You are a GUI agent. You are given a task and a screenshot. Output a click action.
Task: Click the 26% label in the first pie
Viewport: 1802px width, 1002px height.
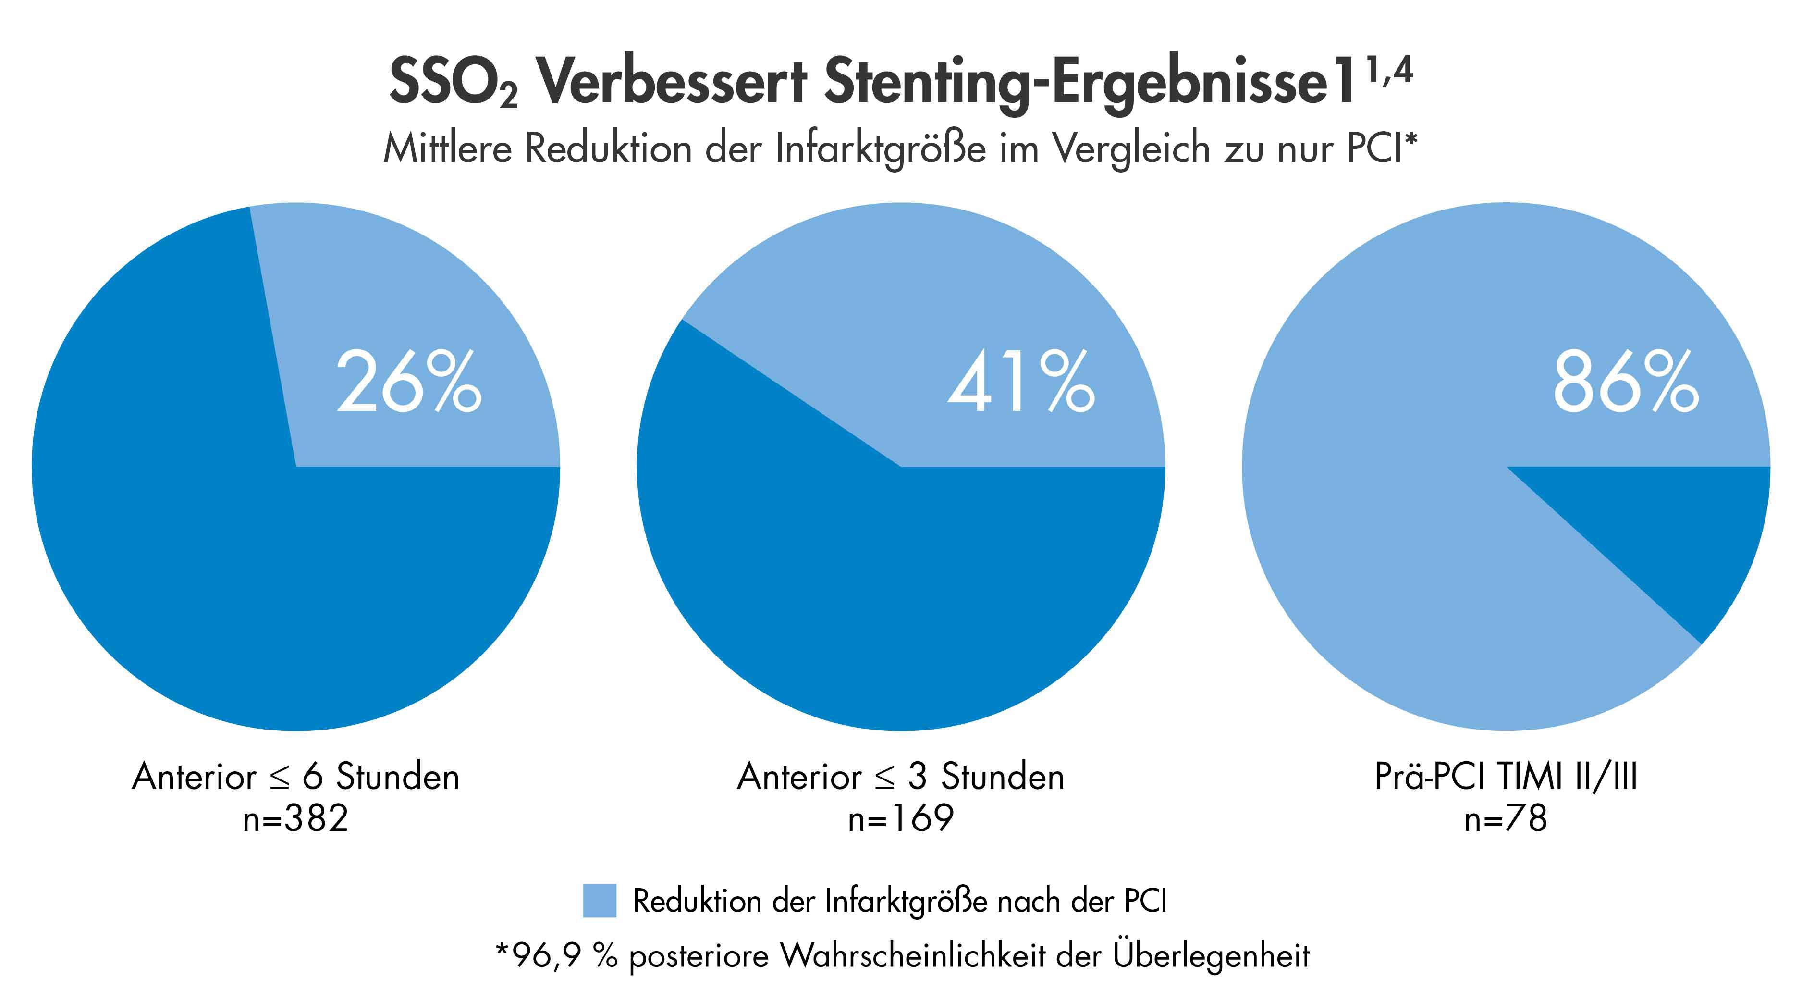[x=409, y=383]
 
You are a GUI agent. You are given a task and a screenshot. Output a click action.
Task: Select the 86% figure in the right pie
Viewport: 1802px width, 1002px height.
[x=1626, y=383]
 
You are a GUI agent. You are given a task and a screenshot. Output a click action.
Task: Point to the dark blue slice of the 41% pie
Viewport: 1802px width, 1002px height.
[x=874, y=595]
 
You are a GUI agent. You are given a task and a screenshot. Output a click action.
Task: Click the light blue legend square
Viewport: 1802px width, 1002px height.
[x=600, y=901]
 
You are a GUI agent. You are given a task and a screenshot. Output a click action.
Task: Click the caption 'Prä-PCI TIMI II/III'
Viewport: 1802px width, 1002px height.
[x=1506, y=777]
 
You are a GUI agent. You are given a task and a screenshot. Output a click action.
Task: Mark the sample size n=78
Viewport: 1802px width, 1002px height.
[x=1506, y=819]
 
